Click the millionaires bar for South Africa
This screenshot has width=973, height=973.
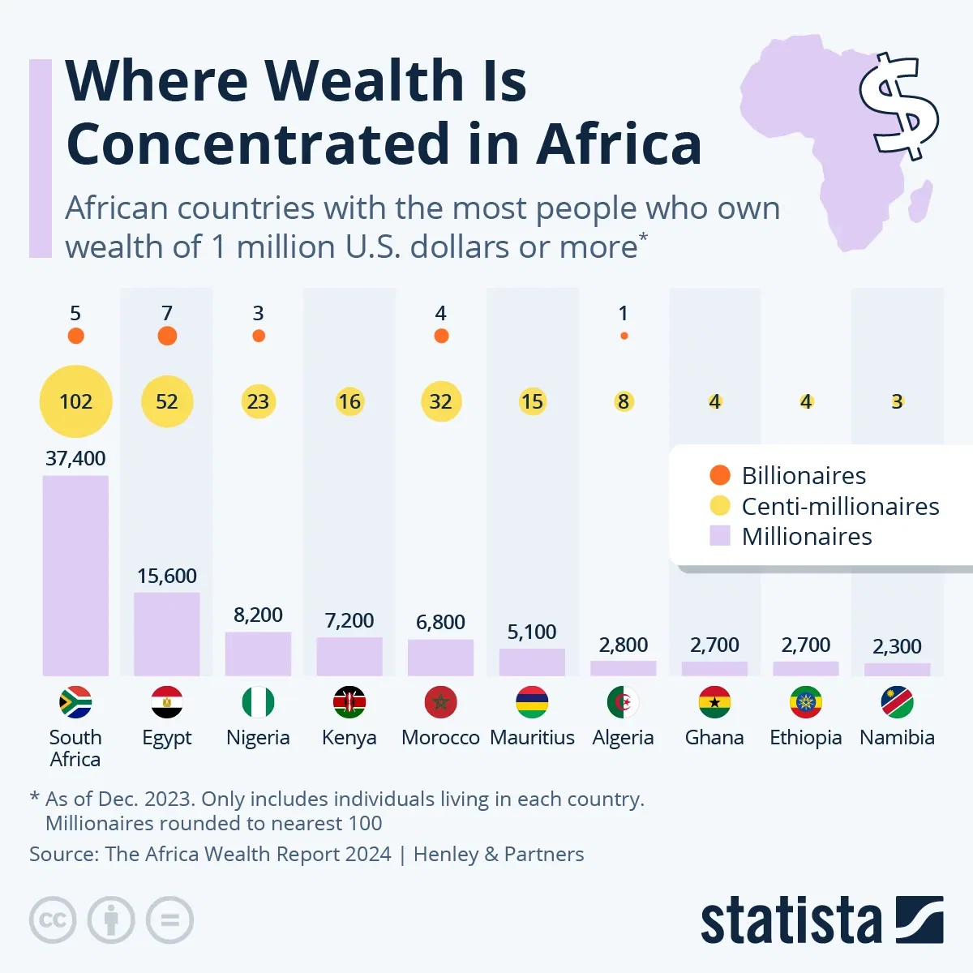click(75, 575)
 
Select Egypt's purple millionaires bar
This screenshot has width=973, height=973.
click(167, 633)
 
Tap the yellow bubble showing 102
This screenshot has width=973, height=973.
click(75, 401)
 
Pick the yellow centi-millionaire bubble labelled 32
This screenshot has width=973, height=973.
click(440, 401)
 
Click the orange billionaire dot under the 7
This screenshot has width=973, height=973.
click(167, 336)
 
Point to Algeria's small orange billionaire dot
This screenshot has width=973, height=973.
click(624, 336)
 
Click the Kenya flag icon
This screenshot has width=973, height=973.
click(349, 702)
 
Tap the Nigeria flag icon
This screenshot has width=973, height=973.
click(258, 702)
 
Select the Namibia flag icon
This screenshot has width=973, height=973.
click(897, 702)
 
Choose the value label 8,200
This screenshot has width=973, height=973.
click(258, 615)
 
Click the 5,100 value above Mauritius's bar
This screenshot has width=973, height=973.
click(532, 632)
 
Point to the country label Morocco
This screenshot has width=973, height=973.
click(440, 738)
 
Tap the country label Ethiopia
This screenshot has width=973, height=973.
click(805, 738)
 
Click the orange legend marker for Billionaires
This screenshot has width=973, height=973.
click(720, 475)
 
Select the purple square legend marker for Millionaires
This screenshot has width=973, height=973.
click(720, 536)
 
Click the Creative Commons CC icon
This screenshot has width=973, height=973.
click(53, 920)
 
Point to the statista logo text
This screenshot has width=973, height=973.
click(791, 921)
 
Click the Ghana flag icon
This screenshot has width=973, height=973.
click(714, 702)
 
